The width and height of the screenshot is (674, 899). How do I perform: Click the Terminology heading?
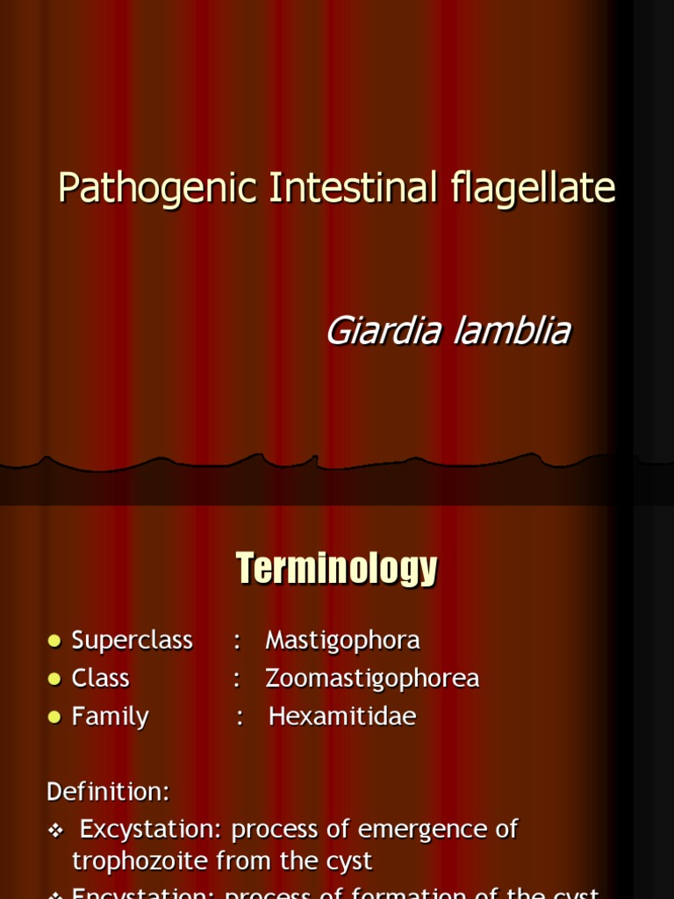click(336, 569)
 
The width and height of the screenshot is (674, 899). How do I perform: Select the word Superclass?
click(132, 641)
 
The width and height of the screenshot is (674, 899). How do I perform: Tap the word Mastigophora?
click(342, 641)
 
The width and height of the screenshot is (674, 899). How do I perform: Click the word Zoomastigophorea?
click(372, 679)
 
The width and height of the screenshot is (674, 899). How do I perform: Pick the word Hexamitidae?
click(342, 717)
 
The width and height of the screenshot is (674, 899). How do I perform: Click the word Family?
click(110, 717)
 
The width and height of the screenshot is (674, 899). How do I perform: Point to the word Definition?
click(108, 791)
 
